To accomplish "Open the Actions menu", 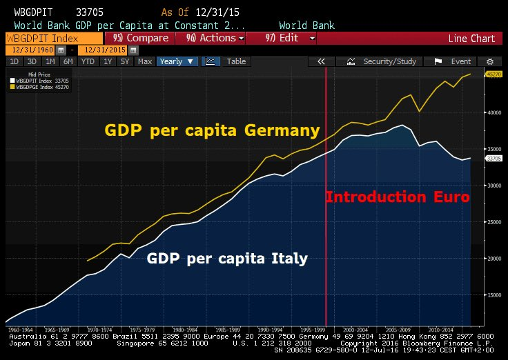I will click(x=215, y=38).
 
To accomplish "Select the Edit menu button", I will click(x=289, y=38).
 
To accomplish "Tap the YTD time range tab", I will click(x=88, y=61).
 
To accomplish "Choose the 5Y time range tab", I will click(x=125, y=61).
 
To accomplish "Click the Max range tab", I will click(x=145, y=61).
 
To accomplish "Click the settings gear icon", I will click(x=489, y=61).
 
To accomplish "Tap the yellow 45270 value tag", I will click(x=494, y=74).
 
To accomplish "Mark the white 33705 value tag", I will click(x=494, y=159).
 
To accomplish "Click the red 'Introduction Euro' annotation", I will click(x=398, y=197).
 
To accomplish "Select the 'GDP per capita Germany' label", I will click(x=212, y=130).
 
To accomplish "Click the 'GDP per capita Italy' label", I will click(x=227, y=259).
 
